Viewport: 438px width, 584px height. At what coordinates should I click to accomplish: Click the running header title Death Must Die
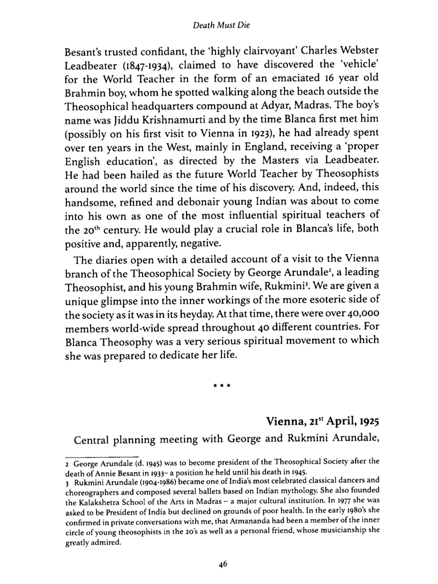(x=222, y=26)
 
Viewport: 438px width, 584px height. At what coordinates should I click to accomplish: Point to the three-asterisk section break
(x=222, y=386)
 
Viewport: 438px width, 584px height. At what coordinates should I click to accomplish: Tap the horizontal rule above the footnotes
(x=101, y=457)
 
